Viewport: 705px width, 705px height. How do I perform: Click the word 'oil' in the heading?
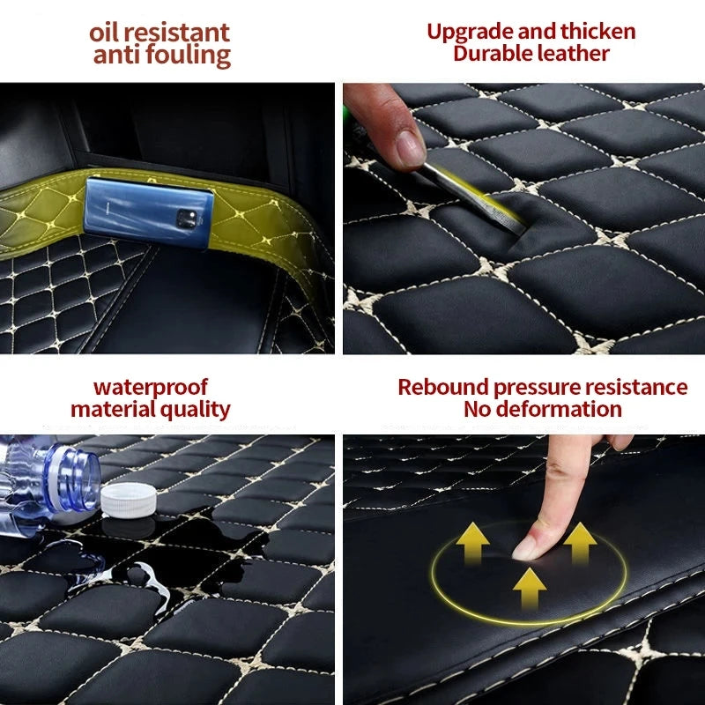(x=106, y=33)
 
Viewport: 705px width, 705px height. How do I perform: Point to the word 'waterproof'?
(x=151, y=388)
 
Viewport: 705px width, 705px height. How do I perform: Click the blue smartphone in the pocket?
(x=148, y=211)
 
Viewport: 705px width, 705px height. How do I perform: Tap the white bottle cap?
(x=129, y=500)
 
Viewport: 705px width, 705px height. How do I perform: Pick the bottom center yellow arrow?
(x=529, y=586)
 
